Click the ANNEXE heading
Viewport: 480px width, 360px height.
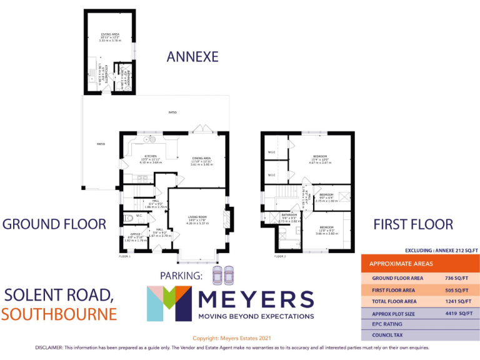click(192, 57)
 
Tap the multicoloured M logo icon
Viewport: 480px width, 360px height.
click(169, 303)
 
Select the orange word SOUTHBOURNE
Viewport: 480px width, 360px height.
click(59, 313)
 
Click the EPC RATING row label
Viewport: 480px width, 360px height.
click(387, 324)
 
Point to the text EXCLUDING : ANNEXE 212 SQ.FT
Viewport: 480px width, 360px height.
click(441, 249)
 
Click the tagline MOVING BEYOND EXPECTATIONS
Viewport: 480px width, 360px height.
click(256, 316)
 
